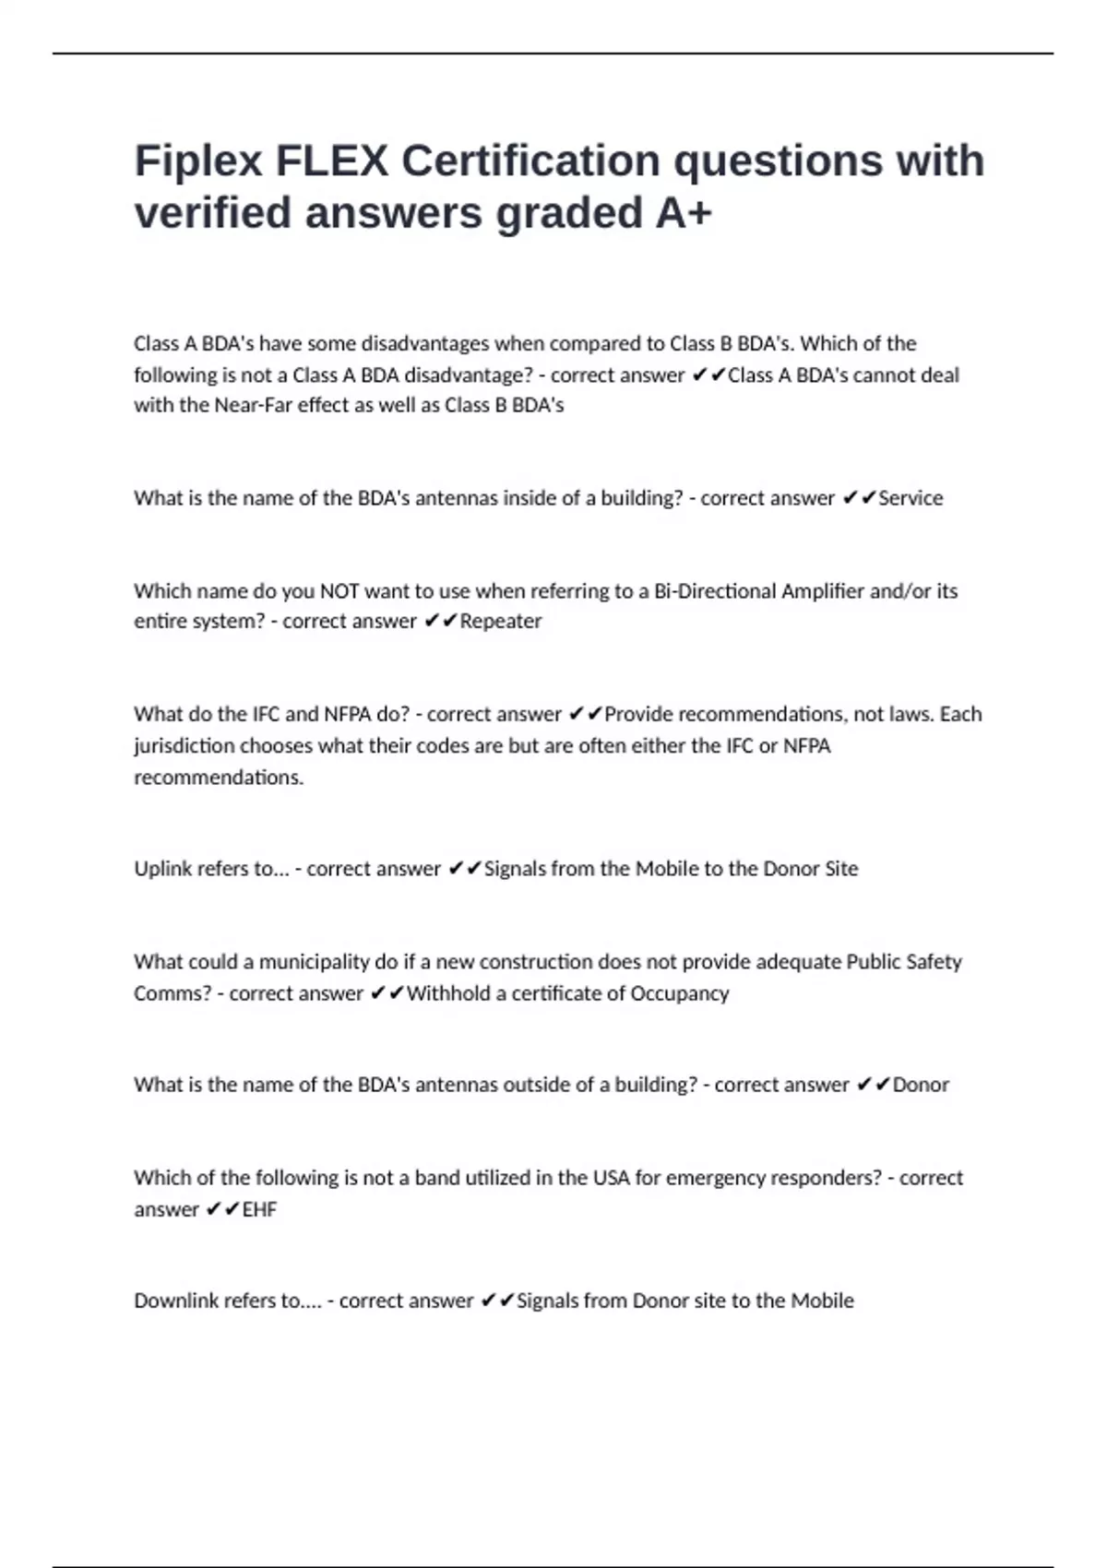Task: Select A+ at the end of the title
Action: click(x=684, y=213)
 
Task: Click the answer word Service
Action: click(x=911, y=498)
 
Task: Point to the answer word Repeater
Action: click(x=500, y=622)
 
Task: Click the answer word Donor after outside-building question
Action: click(x=921, y=1085)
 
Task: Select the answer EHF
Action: click(x=259, y=1209)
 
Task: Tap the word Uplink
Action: click(x=163, y=869)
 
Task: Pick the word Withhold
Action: click(x=448, y=993)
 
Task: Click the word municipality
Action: click(x=314, y=962)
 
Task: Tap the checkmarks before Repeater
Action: click(x=441, y=622)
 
